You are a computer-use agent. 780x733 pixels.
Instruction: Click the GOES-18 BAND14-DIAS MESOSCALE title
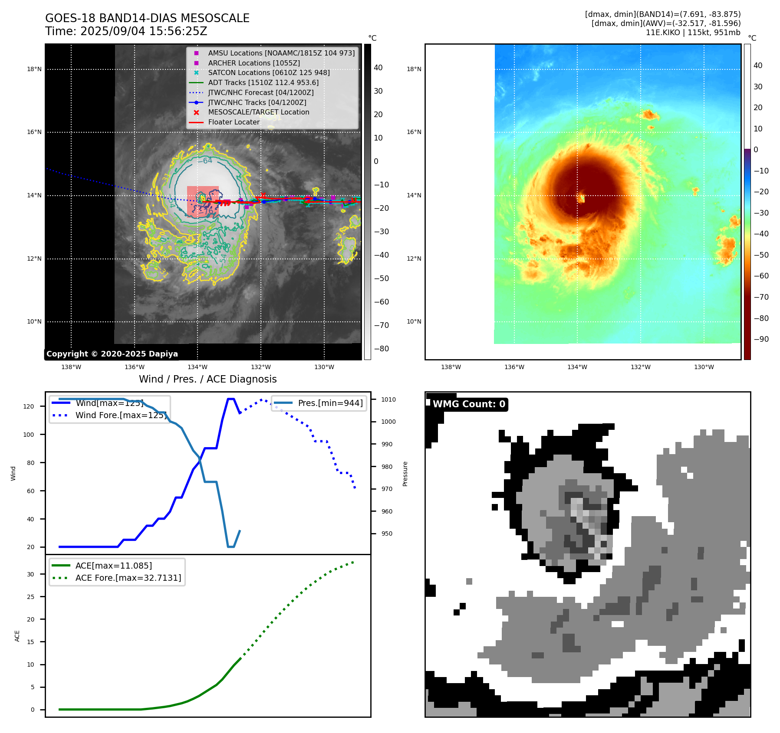point(147,18)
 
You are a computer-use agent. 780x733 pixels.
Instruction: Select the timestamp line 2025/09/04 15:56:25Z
point(126,32)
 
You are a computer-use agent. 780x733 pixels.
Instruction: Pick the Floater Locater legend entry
point(234,122)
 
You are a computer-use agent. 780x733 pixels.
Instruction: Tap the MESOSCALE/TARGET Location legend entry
point(258,112)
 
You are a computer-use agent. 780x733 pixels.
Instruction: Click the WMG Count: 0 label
point(469,404)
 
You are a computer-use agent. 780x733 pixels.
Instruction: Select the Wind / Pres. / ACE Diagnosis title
point(207,379)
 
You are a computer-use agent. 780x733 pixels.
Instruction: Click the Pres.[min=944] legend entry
point(330,403)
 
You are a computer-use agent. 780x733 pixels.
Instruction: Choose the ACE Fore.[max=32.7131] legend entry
point(128,578)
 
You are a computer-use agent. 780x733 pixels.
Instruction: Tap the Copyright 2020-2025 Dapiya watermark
point(112,354)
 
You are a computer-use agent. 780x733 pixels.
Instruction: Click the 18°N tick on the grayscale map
point(34,69)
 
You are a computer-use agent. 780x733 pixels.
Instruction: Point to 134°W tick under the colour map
point(577,367)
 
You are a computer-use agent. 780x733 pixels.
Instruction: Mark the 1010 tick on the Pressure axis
point(388,399)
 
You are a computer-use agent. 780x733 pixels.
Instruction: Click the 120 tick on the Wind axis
point(29,406)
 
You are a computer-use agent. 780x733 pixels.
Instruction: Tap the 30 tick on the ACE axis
point(30,574)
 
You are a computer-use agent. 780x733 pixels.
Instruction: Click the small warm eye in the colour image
point(582,198)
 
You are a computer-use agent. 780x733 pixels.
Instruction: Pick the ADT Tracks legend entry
point(263,83)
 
